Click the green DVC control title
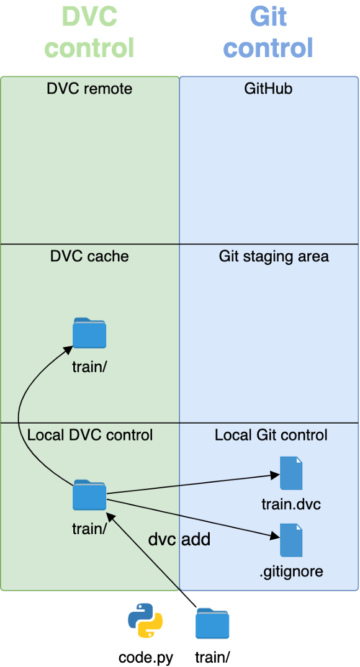tap(89, 32)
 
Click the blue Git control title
tap(268, 32)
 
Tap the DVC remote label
tap(89, 89)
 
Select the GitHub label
tap(268, 89)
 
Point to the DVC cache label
tap(89, 256)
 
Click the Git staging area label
tap(274, 256)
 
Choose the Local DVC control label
tap(89, 435)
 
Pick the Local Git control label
tap(271, 435)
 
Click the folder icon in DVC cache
tap(89, 333)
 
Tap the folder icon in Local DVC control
tap(89, 495)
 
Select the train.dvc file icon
tap(291, 473)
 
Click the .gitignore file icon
tap(291, 540)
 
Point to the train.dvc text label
tap(291, 504)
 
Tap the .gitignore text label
tap(291, 571)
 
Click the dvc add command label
tap(179, 539)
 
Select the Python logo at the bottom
tap(146, 620)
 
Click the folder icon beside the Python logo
tap(212, 624)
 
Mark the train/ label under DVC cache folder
tap(89, 367)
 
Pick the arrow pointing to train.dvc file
tap(192, 485)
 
